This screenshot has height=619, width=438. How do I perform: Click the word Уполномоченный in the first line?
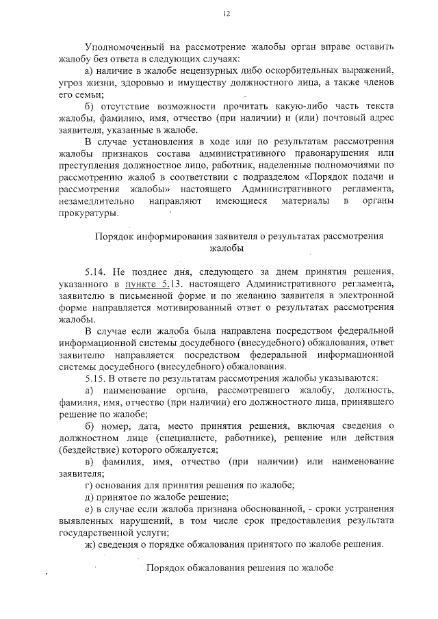[118, 48]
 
